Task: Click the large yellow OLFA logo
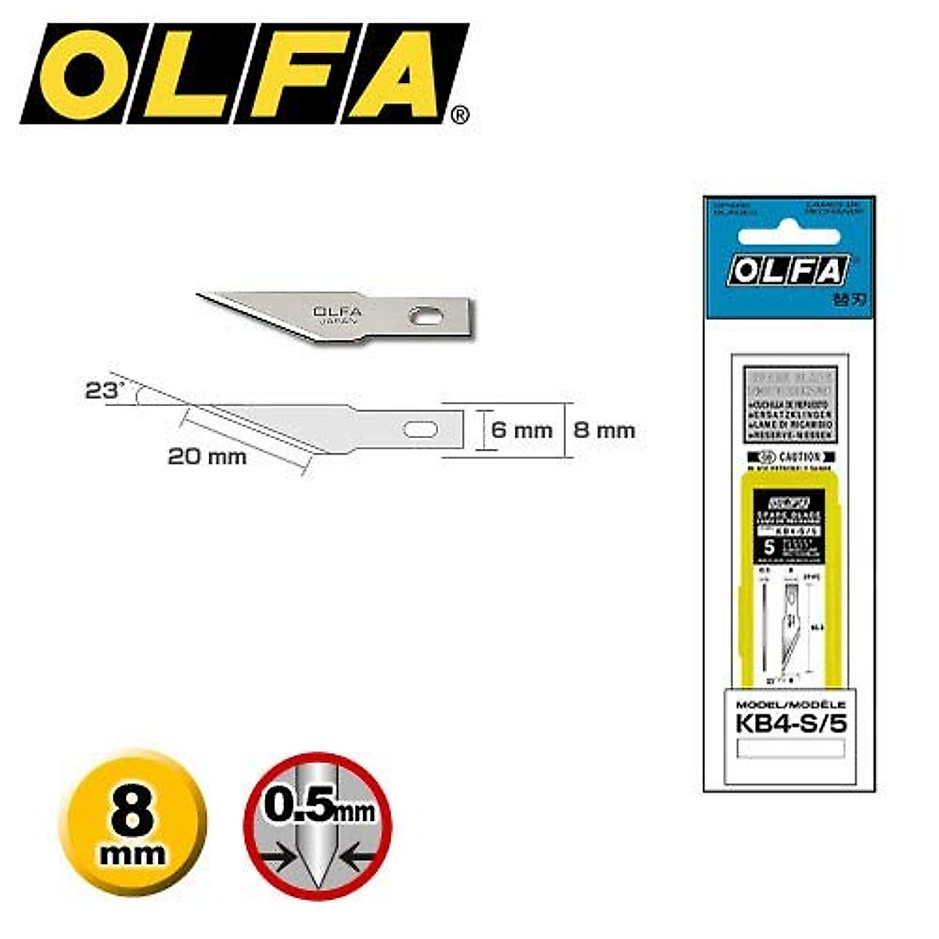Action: tap(243, 74)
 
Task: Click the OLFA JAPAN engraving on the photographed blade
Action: tap(337, 315)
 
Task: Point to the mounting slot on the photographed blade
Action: tap(426, 315)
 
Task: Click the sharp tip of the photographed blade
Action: tap(200, 295)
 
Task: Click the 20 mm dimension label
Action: tap(207, 456)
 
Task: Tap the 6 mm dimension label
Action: tap(521, 430)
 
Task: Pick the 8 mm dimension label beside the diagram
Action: tap(604, 430)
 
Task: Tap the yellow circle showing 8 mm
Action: tap(133, 823)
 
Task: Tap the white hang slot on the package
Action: tap(789, 237)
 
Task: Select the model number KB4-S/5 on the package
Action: tap(791, 724)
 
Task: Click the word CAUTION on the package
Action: tap(800, 457)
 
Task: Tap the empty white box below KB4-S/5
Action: tap(791, 749)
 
